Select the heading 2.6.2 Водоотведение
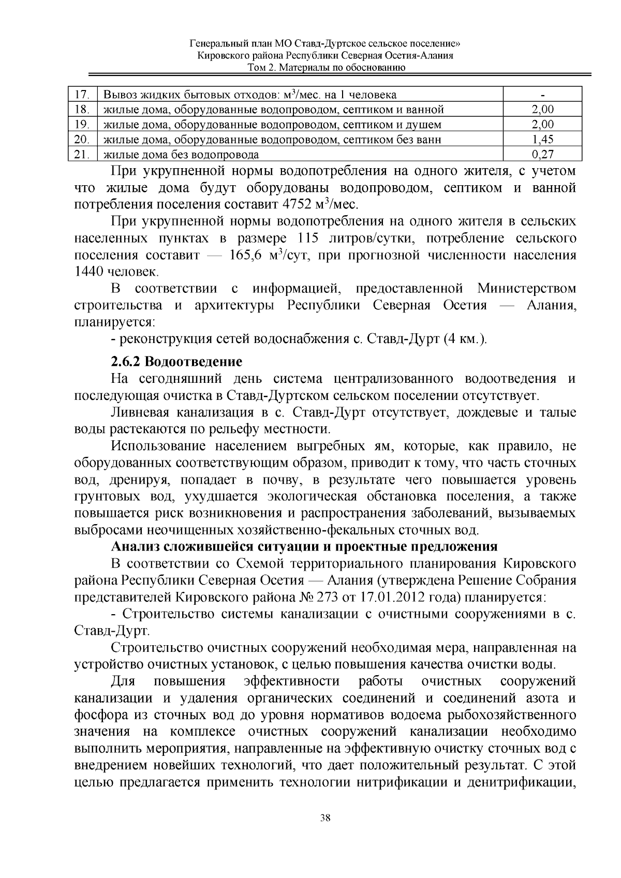176,361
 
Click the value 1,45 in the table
542,139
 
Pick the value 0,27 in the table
542,154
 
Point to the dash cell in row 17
542,95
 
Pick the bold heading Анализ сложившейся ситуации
304,547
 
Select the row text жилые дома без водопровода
181,154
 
